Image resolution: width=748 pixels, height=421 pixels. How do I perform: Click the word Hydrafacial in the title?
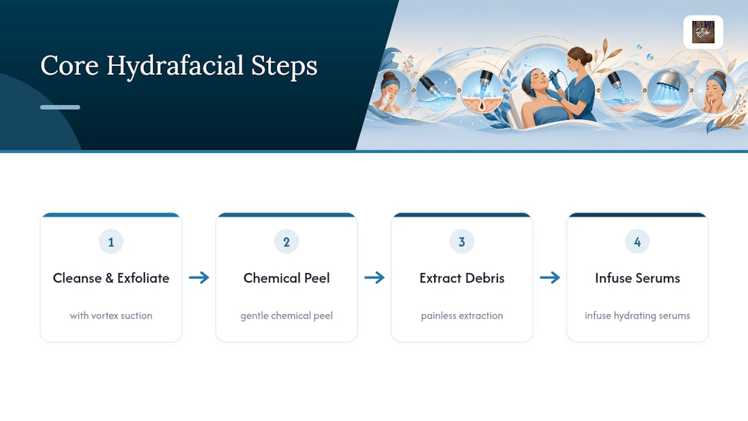(x=175, y=66)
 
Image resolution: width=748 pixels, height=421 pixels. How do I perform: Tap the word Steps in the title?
(x=284, y=66)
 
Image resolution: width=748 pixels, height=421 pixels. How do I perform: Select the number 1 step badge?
(x=111, y=241)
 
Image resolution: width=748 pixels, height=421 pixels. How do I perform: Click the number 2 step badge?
(x=286, y=241)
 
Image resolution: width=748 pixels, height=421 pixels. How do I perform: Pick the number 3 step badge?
(x=462, y=241)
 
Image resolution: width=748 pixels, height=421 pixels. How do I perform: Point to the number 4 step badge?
(x=638, y=241)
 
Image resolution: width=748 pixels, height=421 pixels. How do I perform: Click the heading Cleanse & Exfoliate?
(x=111, y=278)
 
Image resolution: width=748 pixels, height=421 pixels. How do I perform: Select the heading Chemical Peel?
(x=286, y=278)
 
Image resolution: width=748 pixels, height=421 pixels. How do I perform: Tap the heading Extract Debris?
(x=462, y=278)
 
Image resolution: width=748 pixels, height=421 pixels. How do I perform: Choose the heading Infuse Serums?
(x=638, y=278)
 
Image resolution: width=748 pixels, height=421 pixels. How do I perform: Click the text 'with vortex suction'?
(x=111, y=315)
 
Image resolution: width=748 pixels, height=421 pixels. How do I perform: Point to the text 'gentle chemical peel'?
(x=286, y=316)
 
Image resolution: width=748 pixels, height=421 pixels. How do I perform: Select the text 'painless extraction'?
(x=462, y=316)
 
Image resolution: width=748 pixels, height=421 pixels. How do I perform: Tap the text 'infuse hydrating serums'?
(x=638, y=316)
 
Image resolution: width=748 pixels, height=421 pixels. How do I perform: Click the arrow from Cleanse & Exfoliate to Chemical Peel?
(x=199, y=278)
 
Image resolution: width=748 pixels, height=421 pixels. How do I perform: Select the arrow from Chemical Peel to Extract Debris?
(x=375, y=278)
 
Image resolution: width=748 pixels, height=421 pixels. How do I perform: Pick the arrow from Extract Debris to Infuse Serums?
(x=550, y=278)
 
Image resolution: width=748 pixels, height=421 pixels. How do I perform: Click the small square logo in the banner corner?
(x=703, y=32)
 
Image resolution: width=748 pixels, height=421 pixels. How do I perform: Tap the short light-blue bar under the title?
(x=60, y=107)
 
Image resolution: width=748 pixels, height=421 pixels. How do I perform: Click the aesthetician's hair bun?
(x=588, y=57)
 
